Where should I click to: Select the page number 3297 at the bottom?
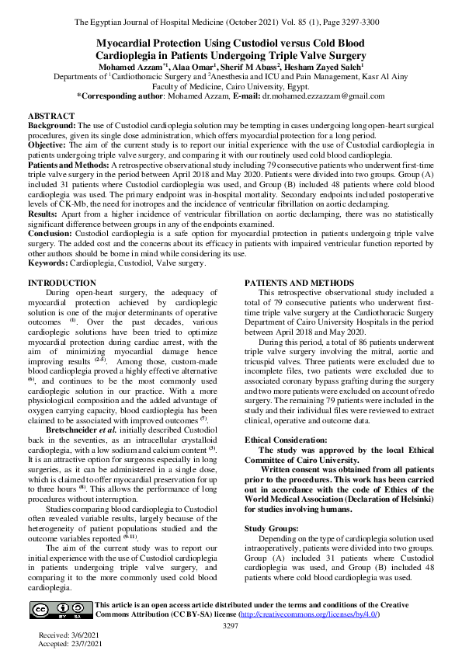click(231, 625)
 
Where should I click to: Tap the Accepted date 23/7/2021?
click(65, 645)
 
